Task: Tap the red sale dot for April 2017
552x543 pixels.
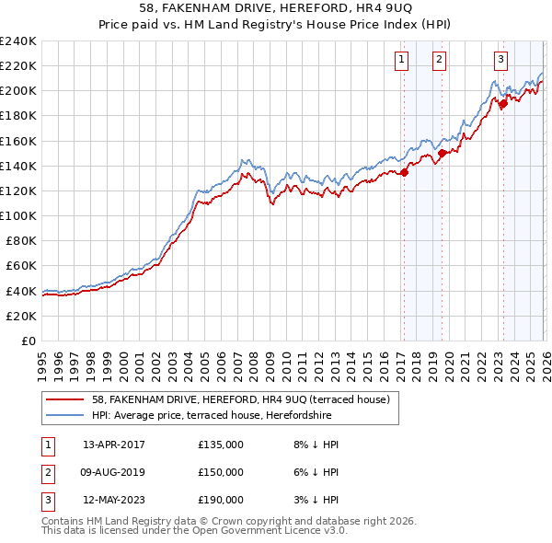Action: point(404,172)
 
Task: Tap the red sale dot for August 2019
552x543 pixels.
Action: point(442,154)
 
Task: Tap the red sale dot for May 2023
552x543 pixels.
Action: point(503,104)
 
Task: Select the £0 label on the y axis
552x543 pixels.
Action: point(29,341)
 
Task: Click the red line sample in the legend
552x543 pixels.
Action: point(65,399)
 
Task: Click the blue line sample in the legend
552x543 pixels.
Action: point(65,415)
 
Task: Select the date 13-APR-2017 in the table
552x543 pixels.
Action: point(113,445)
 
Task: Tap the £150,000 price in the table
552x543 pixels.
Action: point(221,472)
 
